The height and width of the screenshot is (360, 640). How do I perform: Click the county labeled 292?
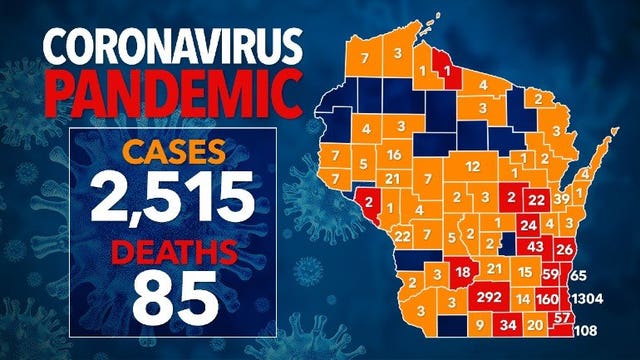point(490,298)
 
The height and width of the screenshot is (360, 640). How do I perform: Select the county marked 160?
point(547,299)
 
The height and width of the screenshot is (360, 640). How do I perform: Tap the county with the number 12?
point(473,165)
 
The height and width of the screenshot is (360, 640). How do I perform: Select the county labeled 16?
point(395,155)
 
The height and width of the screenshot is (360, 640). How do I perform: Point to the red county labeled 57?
point(562,318)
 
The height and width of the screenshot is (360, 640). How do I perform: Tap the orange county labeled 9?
point(480,325)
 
